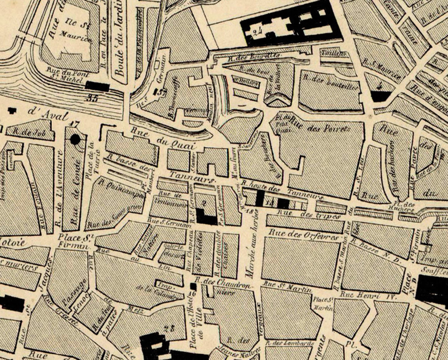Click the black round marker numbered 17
pyautogui.click(x=75, y=139)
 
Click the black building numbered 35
pyautogui.click(x=97, y=86)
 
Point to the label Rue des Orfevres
pyautogui.click(x=303, y=234)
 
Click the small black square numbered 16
pyautogui.click(x=193, y=286)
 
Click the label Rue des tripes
pyautogui.click(x=309, y=215)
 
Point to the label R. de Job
pyautogui.click(x=30, y=132)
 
